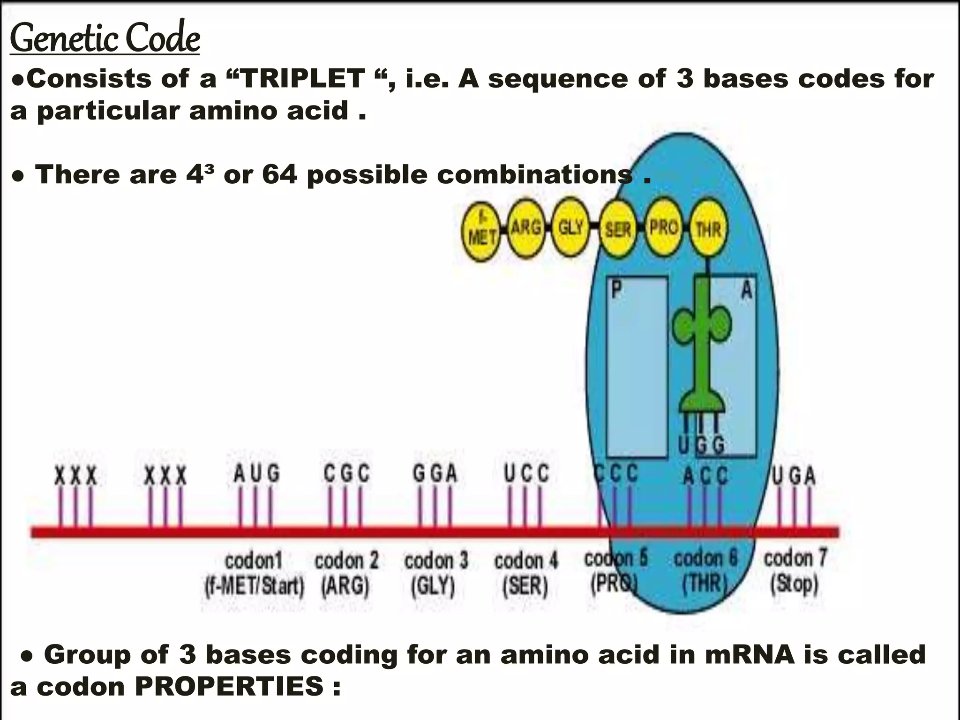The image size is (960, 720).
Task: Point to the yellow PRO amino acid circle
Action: point(664,228)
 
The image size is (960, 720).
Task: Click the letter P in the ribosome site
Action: point(617,290)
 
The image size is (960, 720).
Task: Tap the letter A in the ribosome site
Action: point(747,290)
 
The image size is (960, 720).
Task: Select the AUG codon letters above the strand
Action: point(256,473)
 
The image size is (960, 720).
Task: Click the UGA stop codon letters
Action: point(794,476)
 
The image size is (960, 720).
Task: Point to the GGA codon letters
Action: point(435,473)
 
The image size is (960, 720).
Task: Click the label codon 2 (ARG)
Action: point(346,573)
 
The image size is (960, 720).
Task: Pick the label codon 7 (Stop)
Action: point(795,571)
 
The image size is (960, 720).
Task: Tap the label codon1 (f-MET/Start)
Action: point(255,573)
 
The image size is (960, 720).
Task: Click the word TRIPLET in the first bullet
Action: point(303,79)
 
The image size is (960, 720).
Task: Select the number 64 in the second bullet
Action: point(279,175)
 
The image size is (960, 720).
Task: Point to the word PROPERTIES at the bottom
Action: point(229,687)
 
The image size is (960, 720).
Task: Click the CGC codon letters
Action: point(346,473)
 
